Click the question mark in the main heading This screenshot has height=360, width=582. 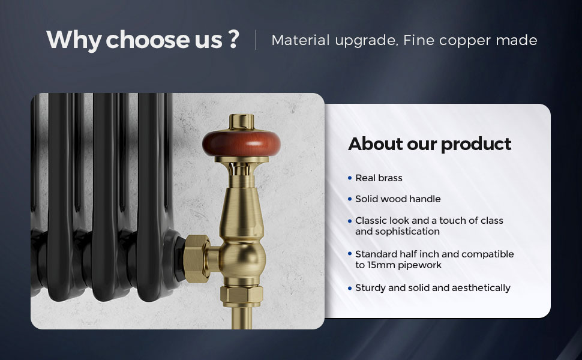(x=233, y=39)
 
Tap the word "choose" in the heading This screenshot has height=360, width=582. (x=148, y=40)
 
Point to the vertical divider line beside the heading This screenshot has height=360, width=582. (x=256, y=40)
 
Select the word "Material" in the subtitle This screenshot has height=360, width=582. (x=301, y=40)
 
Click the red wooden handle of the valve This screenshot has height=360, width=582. (x=241, y=143)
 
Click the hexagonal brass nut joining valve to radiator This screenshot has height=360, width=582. (x=196, y=259)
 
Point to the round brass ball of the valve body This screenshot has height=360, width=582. (x=242, y=259)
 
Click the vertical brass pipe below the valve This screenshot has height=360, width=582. (x=242, y=317)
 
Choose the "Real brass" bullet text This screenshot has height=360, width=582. (x=379, y=178)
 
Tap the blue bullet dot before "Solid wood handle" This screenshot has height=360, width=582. (x=350, y=199)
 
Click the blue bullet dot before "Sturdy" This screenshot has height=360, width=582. (x=350, y=289)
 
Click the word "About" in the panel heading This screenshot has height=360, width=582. (x=375, y=143)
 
